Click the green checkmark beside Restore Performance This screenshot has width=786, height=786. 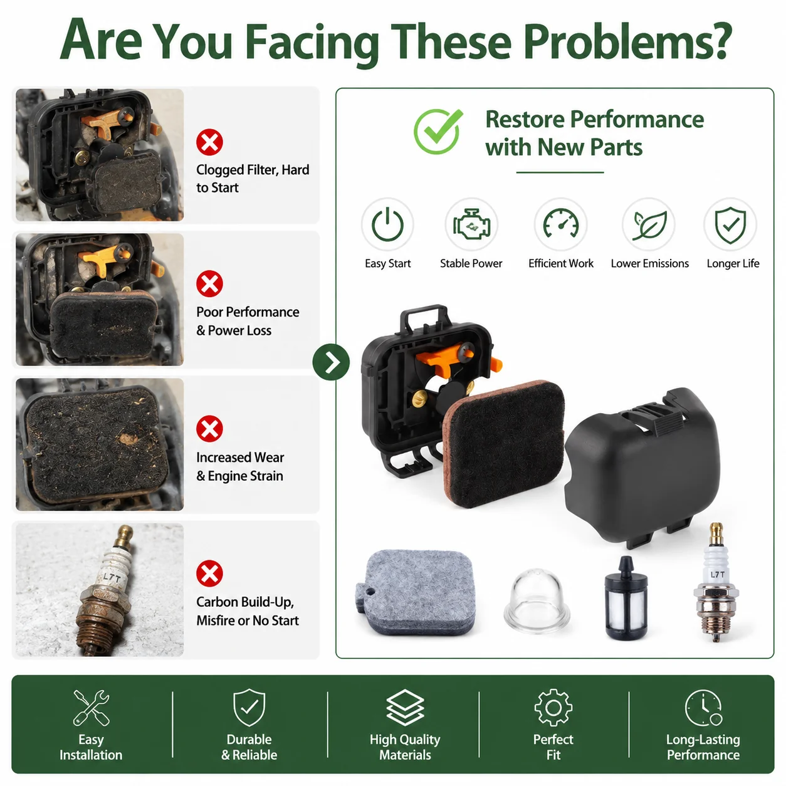438,132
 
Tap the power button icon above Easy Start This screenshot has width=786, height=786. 387,224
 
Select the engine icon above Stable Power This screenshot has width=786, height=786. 471,224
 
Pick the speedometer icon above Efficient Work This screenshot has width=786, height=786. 561,224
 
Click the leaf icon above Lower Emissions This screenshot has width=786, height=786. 649,225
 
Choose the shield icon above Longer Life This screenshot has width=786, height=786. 730,225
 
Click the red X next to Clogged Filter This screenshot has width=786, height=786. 209,142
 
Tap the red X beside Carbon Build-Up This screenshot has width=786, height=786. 209,574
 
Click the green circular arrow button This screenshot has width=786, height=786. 331,362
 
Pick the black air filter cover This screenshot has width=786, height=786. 641,468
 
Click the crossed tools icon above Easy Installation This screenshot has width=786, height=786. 92,708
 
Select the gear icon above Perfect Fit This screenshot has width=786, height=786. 553,708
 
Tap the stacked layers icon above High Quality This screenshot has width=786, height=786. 405,708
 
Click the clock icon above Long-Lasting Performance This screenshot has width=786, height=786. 704,708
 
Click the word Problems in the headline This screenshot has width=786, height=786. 627,42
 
